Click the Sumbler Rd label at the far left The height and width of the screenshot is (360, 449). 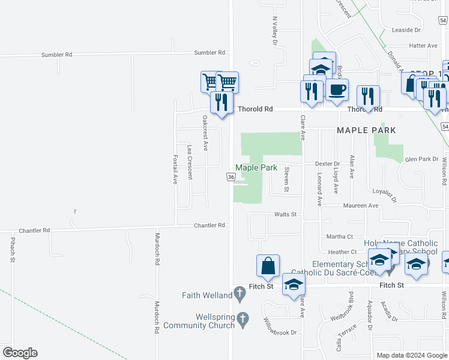click(56, 55)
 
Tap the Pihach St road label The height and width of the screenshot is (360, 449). click(12, 249)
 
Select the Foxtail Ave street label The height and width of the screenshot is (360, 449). click(175, 169)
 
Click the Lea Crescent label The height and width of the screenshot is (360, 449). click(190, 162)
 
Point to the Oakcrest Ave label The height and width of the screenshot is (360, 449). click(205, 132)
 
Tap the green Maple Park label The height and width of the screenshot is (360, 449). click(256, 168)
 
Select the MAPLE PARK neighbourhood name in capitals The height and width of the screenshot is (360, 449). click(366, 130)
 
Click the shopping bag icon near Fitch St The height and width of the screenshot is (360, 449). click(268, 266)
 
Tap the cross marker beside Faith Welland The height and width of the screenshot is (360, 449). click(240, 294)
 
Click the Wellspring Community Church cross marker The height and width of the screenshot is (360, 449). click(243, 319)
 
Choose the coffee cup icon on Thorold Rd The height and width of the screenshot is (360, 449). click(337, 90)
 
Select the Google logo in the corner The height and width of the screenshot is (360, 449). click(20, 353)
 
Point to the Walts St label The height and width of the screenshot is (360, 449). click(285, 214)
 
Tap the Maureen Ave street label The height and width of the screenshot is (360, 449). click(361, 205)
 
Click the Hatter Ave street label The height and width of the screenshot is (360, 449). click(423, 46)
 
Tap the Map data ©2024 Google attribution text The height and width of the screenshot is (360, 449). click(411, 355)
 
